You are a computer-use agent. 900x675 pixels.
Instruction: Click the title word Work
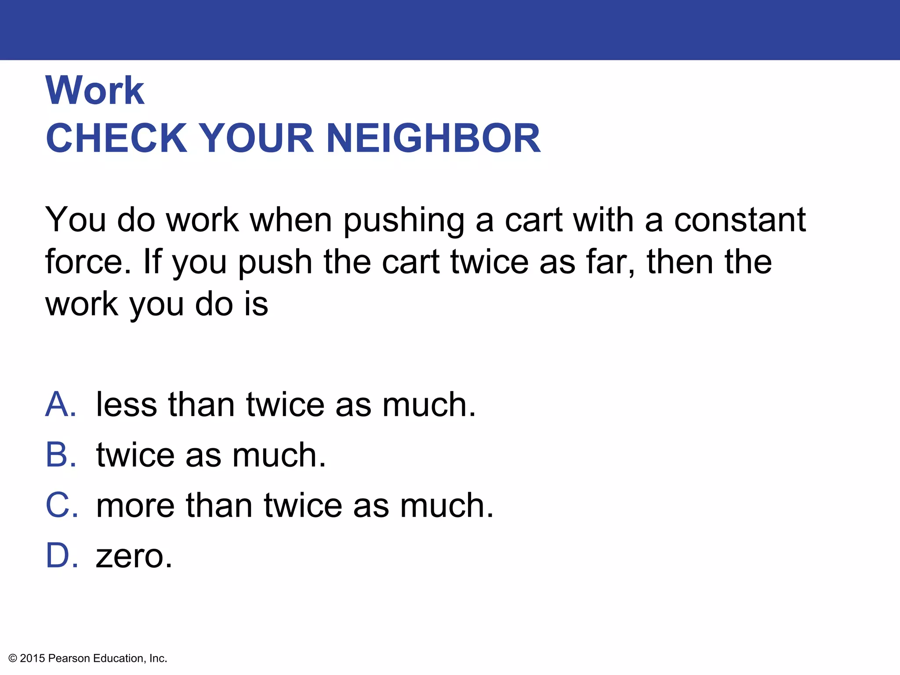point(94,91)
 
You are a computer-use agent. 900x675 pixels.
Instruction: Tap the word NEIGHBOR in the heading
point(433,138)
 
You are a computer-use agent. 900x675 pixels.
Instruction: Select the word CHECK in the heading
point(116,138)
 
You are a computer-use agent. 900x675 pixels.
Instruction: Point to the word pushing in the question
point(403,221)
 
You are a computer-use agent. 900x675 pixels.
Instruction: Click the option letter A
point(61,404)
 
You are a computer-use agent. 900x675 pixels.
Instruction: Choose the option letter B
point(61,455)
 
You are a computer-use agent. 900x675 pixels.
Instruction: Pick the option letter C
point(62,505)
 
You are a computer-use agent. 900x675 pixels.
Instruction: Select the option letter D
point(62,555)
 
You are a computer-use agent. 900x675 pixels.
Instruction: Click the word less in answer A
point(126,404)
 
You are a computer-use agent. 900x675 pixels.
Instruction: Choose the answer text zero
point(134,556)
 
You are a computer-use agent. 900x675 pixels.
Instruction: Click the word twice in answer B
point(135,455)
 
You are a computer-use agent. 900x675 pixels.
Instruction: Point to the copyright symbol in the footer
point(13,658)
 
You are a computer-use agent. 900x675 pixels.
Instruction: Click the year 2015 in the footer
point(33,658)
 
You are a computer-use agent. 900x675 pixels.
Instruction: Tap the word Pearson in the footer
point(69,658)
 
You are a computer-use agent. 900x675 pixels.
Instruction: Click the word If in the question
point(152,262)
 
